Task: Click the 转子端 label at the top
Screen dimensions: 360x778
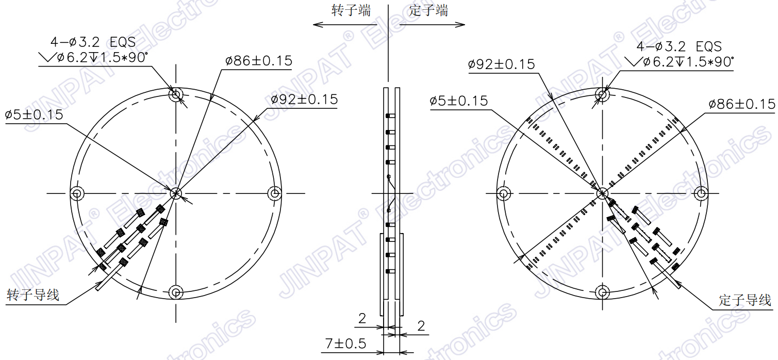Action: pyautogui.click(x=351, y=11)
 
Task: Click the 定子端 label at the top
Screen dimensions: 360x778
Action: pyautogui.click(x=428, y=11)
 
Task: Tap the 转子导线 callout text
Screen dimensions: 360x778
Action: pyautogui.click(x=33, y=296)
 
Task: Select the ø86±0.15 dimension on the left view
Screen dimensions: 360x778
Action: pyautogui.click(x=259, y=61)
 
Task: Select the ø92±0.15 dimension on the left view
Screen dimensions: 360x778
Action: pyautogui.click(x=304, y=100)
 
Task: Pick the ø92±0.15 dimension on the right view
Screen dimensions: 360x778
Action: pyautogui.click(x=502, y=64)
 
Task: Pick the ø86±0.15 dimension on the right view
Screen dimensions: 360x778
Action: pyautogui.click(x=742, y=104)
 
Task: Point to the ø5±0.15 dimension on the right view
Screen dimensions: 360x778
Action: pyautogui.click(x=459, y=101)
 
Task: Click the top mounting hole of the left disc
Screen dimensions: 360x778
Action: pyautogui.click(x=176, y=94)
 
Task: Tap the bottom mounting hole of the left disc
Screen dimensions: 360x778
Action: pyautogui.click(x=176, y=292)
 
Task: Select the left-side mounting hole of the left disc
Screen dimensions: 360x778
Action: pyautogui.click(x=77, y=194)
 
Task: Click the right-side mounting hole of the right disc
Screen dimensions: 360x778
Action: pyautogui.click(x=701, y=193)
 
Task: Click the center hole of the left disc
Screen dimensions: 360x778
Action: pyautogui.click(x=176, y=193)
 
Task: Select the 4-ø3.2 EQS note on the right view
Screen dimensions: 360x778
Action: pyautogui.click(x=679, y=46)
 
